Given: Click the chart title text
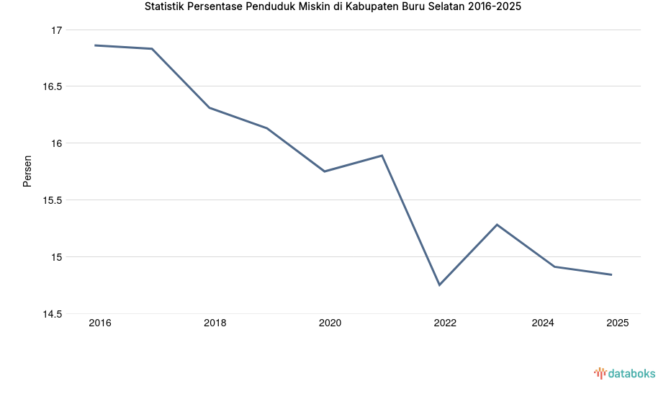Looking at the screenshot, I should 333,7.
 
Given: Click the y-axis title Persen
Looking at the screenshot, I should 27,171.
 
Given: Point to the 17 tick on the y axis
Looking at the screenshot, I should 57,30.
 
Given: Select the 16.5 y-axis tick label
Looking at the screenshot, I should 53,86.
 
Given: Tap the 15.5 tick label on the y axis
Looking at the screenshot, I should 53,200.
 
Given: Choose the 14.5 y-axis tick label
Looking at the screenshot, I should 53,314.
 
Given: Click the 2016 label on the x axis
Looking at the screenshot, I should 100,323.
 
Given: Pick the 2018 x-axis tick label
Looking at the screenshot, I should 215,323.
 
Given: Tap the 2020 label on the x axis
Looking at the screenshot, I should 330,323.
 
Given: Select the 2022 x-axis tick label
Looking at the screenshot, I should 445,323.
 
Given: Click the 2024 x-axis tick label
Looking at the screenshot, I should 543,323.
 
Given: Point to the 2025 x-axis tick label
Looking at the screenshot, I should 617,323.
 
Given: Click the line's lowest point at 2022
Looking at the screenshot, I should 439,285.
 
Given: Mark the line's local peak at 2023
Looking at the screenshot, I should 497,225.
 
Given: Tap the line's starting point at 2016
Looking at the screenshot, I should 95,45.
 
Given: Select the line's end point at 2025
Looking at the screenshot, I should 611,274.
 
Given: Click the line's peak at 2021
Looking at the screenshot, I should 382,156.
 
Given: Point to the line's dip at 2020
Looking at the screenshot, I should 325,171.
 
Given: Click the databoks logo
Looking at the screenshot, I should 624,373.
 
